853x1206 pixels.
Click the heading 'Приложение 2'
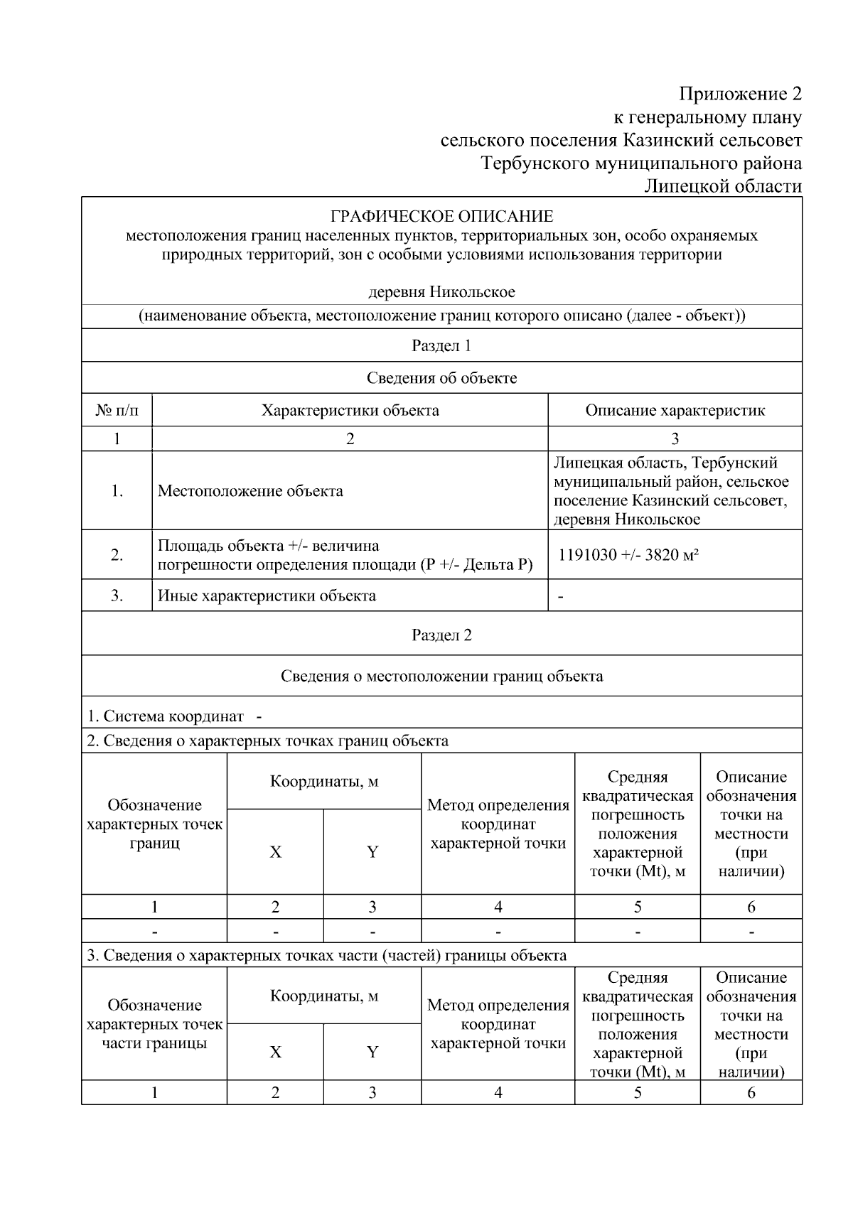[x=739, y=95]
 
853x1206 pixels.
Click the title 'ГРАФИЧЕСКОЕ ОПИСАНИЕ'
[x=441, y=216]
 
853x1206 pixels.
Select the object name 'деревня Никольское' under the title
[x=441, y=292]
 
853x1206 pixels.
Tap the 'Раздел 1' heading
[x=441, y=346]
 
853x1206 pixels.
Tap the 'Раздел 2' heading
[x=441, y=635]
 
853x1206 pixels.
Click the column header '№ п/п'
[x=117, y=411]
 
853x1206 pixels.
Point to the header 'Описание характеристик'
[x=675, y=411]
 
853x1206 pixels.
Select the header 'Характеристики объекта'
[x=350, y=411]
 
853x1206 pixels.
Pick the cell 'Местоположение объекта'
[x=250, y=491]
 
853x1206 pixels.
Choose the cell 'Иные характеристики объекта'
[x=267, y=596]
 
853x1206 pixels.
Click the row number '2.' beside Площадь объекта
[x=117, y=555]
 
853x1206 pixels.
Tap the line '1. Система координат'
[x=165, y=716]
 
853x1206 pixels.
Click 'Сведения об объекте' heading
[x=441, y=378]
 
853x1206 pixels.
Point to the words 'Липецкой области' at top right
[x=723, y=187]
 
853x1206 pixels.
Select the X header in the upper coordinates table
[x=275, y=852]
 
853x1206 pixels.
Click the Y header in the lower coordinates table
[x=372, y=1052]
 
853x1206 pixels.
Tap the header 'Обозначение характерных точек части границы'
[x=154, y=1025]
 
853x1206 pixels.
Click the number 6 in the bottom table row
[x=751, y=1093]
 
